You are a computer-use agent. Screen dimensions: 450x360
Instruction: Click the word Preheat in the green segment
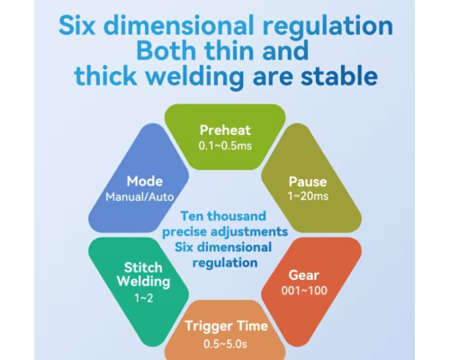(225, 130)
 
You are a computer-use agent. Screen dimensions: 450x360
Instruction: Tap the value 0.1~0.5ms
(225, 146)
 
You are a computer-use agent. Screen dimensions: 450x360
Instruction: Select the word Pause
(308, 182)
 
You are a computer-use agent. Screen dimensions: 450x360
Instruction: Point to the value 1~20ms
(308, 196)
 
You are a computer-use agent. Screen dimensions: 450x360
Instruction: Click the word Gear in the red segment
(304, 275)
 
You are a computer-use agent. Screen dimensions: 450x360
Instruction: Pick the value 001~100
(304, 291)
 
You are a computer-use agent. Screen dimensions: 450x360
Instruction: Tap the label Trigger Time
(226, 326)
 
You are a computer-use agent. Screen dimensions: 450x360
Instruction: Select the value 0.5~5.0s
(225, 344)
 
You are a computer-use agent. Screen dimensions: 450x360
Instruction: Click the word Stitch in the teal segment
(143, 267)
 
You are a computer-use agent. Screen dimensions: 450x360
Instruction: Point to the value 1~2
(144, 298)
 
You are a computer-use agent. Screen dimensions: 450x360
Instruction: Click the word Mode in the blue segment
(145, 182)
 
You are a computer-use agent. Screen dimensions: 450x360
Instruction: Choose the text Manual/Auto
(139, 197)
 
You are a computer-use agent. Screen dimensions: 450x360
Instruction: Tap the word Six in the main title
(76, 25)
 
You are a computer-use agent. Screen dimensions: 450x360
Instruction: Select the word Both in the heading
(166, 50)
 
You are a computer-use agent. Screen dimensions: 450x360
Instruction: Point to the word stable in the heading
(339, 76)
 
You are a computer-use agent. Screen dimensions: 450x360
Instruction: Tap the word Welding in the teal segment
(144, 282)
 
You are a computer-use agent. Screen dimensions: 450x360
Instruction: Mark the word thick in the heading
(105, 76)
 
